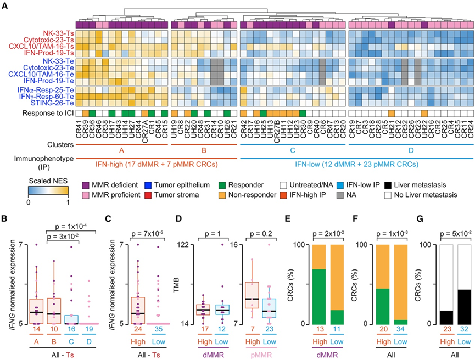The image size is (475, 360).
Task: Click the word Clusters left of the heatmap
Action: pos(57,146)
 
